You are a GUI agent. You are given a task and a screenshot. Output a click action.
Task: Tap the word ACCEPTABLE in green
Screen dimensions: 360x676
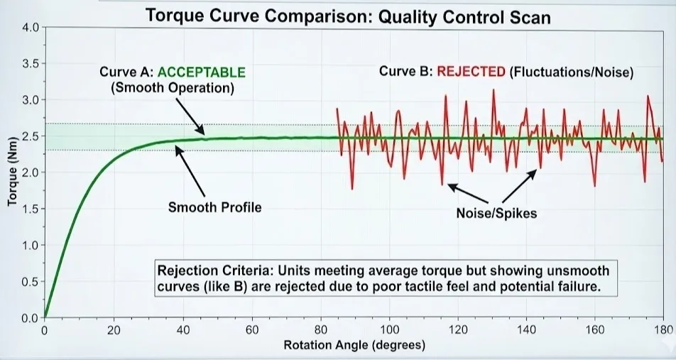tap(201, 72)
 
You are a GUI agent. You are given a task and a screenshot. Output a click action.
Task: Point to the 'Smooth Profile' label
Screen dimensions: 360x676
tap(214, 207)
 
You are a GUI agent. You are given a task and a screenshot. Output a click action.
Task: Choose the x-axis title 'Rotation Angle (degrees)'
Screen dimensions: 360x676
tap(354, 346)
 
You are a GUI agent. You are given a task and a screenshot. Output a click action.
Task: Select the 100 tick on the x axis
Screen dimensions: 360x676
tap(389, 329)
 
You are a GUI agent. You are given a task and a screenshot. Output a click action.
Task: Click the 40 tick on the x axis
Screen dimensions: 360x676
tap(182, 329)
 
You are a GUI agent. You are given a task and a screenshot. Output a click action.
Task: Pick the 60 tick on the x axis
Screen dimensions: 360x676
tap(251, 329)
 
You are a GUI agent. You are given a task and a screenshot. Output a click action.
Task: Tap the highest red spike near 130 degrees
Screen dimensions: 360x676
tap(492, 90)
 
